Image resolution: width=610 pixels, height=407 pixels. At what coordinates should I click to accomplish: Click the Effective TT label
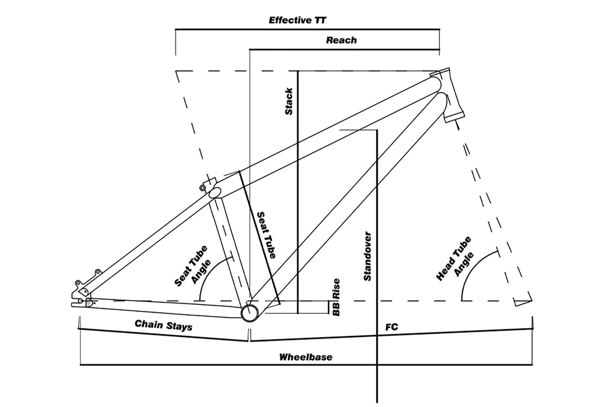297,20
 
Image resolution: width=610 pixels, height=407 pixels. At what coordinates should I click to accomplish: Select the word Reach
342,40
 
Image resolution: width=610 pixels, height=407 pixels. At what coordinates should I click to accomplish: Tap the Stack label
289,101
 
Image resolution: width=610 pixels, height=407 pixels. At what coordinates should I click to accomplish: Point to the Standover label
368,256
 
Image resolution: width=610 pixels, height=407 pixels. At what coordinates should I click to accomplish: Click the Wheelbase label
306,357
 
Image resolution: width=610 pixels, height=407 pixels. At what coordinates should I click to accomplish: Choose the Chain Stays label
164,325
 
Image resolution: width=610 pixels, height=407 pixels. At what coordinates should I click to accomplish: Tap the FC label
392,327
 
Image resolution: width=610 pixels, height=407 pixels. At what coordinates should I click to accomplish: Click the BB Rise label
336,297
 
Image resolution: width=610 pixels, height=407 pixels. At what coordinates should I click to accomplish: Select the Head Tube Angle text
455,259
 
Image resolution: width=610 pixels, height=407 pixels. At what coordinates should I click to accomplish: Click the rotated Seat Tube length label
266,235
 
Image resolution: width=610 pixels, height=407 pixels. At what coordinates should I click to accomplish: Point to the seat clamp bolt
202,187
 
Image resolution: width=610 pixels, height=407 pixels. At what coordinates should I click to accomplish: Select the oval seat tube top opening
215,192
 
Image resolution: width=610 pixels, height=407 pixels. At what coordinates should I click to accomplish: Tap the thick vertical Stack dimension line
298,192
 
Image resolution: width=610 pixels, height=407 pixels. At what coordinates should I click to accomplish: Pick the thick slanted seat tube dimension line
259,237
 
